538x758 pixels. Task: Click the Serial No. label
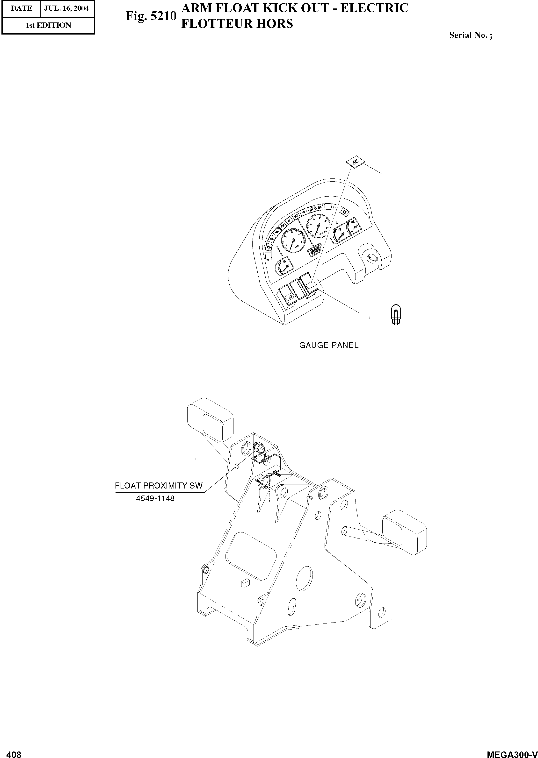click(x=470, y=35)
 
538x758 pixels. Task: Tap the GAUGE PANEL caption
click(x=329, y=345)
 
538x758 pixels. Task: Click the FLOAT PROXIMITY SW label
click(x=158, y=486)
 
